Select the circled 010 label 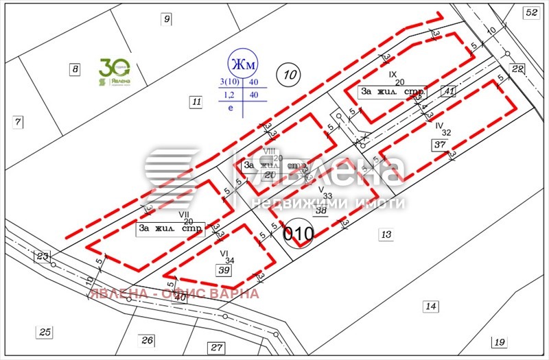click(x=299, y=234)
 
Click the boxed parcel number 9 click(x=166, y=19)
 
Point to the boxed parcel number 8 click(x=75, y=69)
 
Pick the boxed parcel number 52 click(x=531, y=12)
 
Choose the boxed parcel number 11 click(x=196, y=103)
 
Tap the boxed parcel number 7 click(x=18, y=122)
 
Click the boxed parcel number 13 click(x=386, y=235)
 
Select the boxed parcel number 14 click(x=430, y=306)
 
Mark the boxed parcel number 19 click(x=499, y=342)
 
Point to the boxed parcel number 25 click(x=45, y=333)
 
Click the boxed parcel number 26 click(x=147, y=339)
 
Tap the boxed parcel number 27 click(x=217, y=347)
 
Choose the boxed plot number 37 click(x=440, y=144)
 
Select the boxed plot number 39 click(x=224, y=271)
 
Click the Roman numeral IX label click(x=393, y=73)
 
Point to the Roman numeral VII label click(x=183, y=214)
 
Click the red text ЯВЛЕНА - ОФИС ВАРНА click(x=174, y=293)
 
